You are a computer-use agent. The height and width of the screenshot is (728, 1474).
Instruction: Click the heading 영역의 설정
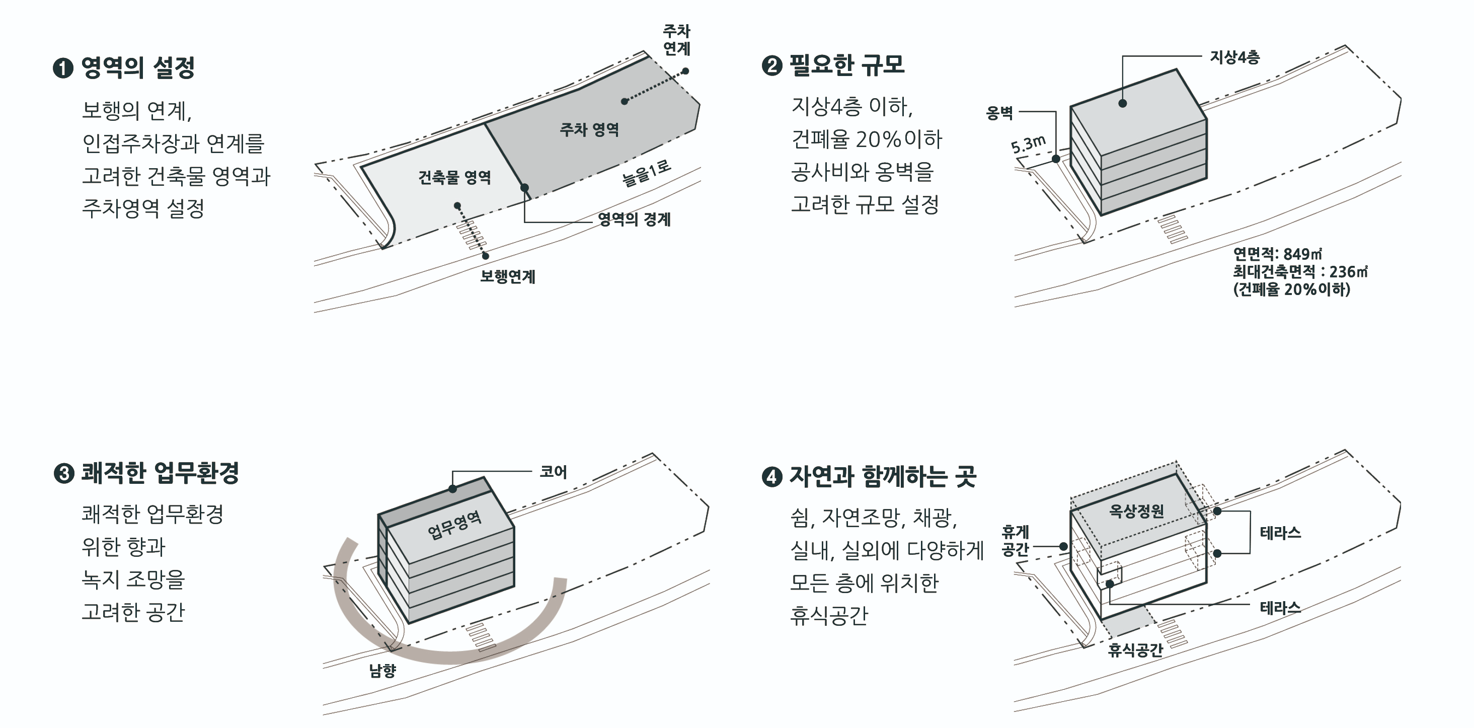(137, 67)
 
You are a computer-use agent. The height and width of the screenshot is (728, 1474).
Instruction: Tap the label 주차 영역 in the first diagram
(589, 129)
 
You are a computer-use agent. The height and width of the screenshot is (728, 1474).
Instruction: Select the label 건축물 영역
(454, 177)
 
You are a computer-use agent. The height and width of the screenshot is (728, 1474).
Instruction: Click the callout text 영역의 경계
(634, 219)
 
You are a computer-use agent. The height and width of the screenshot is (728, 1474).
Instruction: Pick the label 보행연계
(508, 276)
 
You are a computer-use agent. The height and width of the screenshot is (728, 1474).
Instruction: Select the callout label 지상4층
(1234, 57)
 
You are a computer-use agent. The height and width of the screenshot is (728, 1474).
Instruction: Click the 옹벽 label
(999, 113)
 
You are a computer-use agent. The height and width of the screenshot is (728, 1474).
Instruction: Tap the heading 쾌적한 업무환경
(160, 473)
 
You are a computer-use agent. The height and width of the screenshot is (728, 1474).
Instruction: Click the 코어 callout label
(554, 472)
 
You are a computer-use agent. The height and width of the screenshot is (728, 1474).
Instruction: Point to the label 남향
(382, 670)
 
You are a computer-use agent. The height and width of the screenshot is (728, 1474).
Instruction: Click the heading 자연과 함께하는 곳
(882, 476)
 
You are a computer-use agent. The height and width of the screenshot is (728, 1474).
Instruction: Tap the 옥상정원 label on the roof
(1136, 511)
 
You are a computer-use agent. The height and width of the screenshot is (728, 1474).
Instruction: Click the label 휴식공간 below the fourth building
(1135, 649)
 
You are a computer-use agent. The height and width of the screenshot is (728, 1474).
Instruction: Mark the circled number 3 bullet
(63, 474)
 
